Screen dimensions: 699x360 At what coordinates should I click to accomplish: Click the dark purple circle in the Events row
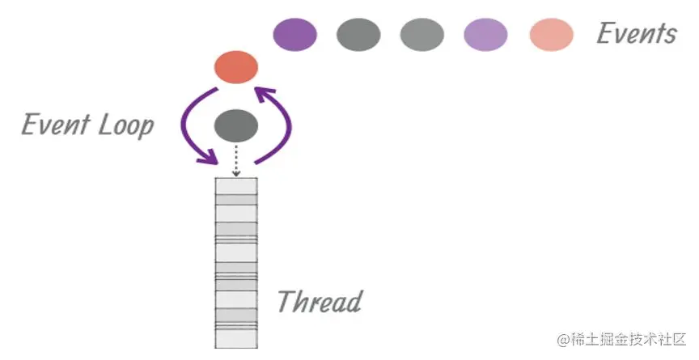click(294, 35)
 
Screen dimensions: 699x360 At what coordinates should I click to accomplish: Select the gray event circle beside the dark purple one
click(358, 35)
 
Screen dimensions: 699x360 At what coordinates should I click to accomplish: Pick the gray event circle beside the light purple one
click(422, 35)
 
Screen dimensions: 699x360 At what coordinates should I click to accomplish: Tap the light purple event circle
click(485, 35)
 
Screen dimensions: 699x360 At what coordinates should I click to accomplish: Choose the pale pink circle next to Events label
click(551, 35)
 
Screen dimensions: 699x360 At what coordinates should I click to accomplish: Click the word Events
click(636, 34)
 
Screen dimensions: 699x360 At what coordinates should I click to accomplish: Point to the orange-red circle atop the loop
click(235, 68)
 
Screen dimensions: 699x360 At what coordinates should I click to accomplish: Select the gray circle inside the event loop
click(235, 125)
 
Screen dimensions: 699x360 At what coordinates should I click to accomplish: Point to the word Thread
click(319, 302)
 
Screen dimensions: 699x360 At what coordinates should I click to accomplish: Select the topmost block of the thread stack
click(235, 186)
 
